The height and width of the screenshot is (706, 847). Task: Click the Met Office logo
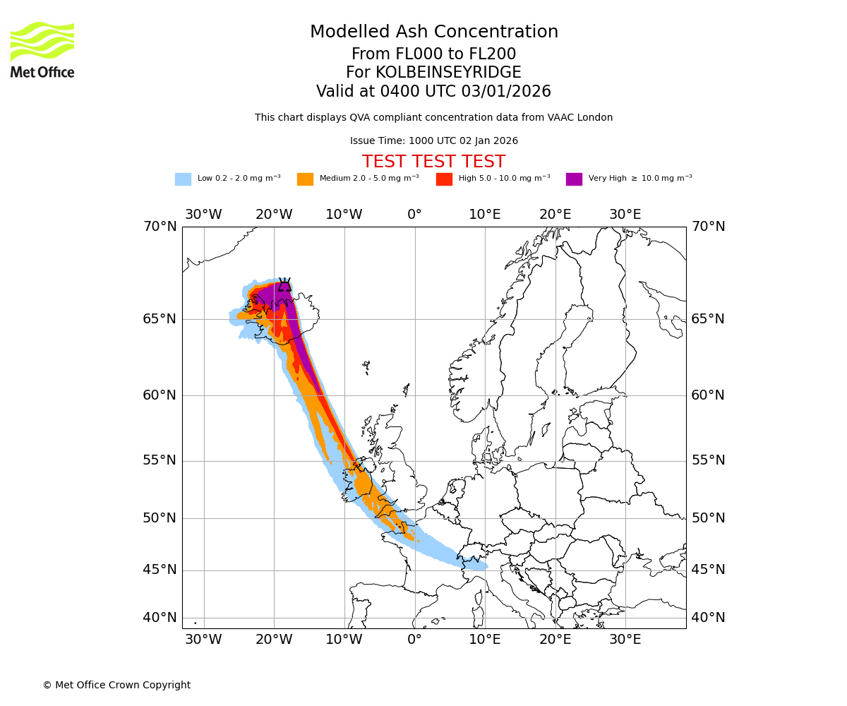tap(42, 49)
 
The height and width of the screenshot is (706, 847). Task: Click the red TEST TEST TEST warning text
tap(433, 162)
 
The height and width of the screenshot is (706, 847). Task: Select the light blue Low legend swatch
tap(183, 179)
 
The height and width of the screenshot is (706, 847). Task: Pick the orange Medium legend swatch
tap(305, 179)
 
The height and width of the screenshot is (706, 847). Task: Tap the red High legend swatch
tap(444, 179)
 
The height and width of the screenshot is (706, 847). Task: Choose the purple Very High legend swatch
tap(574, 179)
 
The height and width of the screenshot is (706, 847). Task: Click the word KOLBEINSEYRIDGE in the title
tap(448, 73)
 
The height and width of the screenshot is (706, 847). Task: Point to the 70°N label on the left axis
tap(160, 227)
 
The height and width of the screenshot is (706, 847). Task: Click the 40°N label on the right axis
tap(707, 618)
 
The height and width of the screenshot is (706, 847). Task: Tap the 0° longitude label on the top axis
tap(414, 215)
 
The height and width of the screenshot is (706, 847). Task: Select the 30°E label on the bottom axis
tap(625, 640)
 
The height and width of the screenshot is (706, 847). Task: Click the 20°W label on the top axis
tap(274, 215)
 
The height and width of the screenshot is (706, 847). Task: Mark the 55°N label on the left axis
tap(160, 460)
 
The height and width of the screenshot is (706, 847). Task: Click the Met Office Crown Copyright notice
tap(116, 685)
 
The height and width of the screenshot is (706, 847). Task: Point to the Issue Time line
tap(433, 141)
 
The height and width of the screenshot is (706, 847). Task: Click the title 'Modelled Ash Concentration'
tap(433, 32)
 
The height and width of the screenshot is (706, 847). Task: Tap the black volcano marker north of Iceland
tap(284, 285)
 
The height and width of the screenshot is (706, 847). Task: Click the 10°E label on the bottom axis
tap(485, 640)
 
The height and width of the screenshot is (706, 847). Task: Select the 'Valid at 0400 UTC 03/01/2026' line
tap(433, 92)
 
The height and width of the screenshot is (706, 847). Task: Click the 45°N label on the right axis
tap(707, 570)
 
